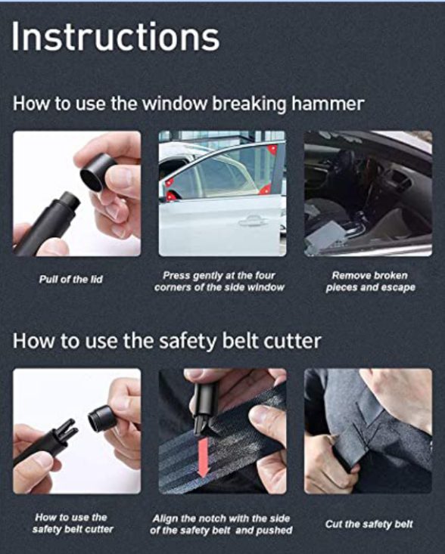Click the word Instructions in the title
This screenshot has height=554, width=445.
(x=116, y=37)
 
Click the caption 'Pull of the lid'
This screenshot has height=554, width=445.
(x=70, y=280)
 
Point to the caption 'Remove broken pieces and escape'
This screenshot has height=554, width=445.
(x=370, y=281)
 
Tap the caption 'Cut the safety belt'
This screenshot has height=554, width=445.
(x=369, y=524)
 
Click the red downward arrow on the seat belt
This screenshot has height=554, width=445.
(x=204, y=457)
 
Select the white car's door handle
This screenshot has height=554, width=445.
(x=253, y=221)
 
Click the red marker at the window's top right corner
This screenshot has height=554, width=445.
(x=272, y=150)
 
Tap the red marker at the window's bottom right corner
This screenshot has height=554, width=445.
(x=265, y=190)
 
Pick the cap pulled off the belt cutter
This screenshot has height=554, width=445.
(x=102, y=419)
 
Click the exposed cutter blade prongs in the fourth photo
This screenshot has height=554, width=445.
(x=68, y=429)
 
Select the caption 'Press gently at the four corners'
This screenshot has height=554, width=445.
(x=219, y=281)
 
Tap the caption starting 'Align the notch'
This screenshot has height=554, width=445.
(x=221, y=525)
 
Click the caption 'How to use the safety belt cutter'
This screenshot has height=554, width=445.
(x=73, y=523)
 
